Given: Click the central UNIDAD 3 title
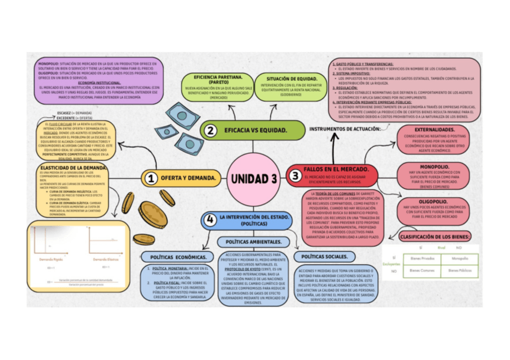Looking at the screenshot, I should pyautogui.click(x=253, y=178).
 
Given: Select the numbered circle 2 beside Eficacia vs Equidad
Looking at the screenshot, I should pyautogui.click(x=210, y=130).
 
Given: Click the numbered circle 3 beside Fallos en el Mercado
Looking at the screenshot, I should pyautogui.click(x=295, y=175).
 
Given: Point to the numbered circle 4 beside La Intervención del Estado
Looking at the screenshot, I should pyautogui.click(x=209, y=220).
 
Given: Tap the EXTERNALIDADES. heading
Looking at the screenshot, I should pyautogui.click(x=434, y=129).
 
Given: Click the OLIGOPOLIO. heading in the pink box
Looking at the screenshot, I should pyautogui.click(x=432, y=201).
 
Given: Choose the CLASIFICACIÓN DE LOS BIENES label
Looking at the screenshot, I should pyautogui.click(x=434, y=237).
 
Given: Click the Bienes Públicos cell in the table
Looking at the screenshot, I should pyautogui.click(x=459, y=271).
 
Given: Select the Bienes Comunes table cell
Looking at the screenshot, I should pyautogui.click(x=422, y=271).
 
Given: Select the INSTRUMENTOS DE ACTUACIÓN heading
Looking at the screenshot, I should pyautogui.click(x=344, y=129).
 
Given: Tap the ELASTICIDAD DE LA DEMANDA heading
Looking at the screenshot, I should pyautogui.click(x=73, y=167).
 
